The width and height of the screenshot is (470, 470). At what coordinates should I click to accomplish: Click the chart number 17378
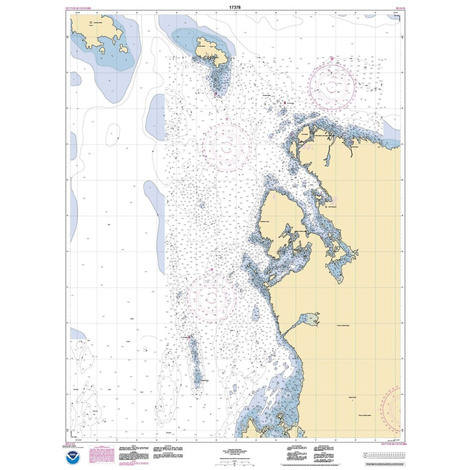pyautogui.click(x=235, y=7)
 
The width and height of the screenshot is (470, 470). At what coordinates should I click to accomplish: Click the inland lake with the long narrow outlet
pyautogui.click(x=310, y=320)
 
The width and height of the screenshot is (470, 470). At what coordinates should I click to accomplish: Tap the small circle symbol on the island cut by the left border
pyautogui.click(x=90, y=21)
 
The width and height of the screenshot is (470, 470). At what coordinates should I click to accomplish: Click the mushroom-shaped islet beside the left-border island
pyautogui.click(x=124, y=48)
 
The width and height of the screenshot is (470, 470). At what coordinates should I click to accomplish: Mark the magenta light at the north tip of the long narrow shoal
pyautogui.click(x=189, y=337)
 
